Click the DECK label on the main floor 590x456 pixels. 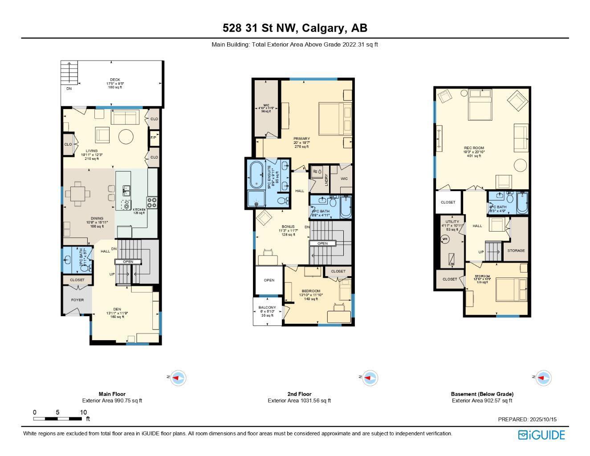point(115,80)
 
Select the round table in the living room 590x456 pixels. point(126,136)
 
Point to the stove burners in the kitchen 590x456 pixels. point(152,203)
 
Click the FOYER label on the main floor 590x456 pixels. point(77,300)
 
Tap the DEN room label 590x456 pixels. point(117,309)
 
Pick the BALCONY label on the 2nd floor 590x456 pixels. point(267,307)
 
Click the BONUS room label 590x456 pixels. point(288,227)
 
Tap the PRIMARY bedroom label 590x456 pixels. point(301,138)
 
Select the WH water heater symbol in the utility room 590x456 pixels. point(444,239)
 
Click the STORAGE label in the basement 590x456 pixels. point(516,251)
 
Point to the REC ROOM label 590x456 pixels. point(474,148)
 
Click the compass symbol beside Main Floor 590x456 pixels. point(178,378)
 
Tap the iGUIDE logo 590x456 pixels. point(541,435)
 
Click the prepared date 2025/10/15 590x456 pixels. point(542,419)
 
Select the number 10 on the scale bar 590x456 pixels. point(83,412)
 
